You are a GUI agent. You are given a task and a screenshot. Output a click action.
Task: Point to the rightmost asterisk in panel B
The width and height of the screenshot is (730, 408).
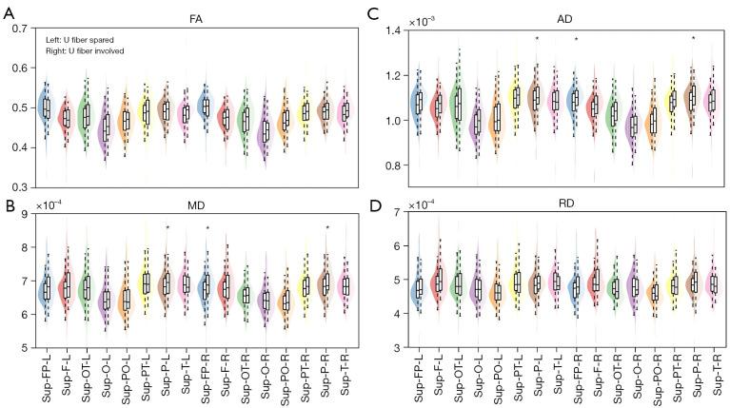(327, 227)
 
